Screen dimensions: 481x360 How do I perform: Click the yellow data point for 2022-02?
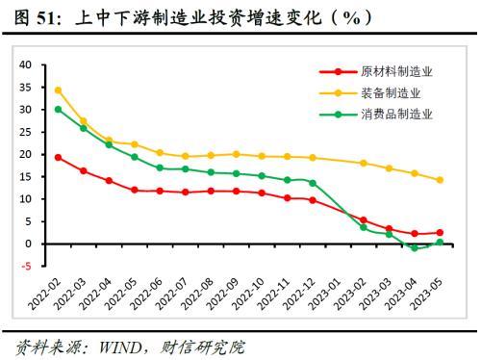tap(58, 90)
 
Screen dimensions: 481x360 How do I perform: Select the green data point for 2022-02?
tap(58, 110)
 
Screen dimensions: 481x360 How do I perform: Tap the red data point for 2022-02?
tap(58, 158)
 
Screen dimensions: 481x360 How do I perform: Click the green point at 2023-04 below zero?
tap(415, 247)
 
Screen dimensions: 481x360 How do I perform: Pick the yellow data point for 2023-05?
tap(440, 180)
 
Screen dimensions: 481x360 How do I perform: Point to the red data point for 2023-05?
tap(440, 233)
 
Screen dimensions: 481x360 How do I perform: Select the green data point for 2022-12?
tap(313, 183)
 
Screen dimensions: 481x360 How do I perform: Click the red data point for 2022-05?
tap(135, 190)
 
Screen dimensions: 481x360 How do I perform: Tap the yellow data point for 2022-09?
tap(237, 154)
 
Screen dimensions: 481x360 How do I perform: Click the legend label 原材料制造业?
tap(396, 71)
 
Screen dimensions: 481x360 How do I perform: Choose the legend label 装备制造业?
tap(391, 93)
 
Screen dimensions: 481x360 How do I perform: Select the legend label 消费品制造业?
tap(396, 114)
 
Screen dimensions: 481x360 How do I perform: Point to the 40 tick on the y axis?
tap(25, 64)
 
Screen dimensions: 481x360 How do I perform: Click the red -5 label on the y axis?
tap(26, 266)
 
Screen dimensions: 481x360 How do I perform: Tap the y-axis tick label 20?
tap(25, 154)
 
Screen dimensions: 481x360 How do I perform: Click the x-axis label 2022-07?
tap(171, 294)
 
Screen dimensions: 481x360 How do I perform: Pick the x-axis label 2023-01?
tap(324, 294)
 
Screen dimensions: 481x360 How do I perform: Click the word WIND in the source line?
tap(120, 347)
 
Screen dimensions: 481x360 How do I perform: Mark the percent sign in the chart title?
tap(351, 18)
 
